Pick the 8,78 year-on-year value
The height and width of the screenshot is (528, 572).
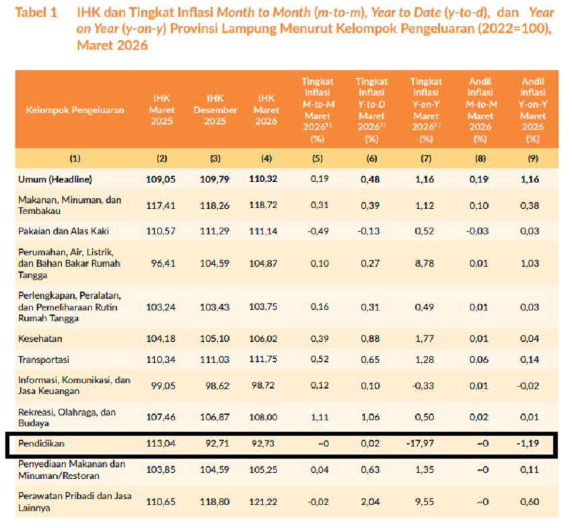point(425,263)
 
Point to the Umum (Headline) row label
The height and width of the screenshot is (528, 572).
point(55,180)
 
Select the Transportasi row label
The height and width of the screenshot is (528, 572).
point(44,360)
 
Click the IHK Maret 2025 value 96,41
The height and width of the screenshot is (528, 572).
point(162,263)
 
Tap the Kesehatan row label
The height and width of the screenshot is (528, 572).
point(40,338)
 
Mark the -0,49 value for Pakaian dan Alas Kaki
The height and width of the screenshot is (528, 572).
point(317,231)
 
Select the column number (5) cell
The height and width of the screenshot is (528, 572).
point(317,159)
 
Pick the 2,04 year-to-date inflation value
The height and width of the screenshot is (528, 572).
point(371,502)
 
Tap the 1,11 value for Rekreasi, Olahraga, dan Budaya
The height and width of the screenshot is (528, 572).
point(317,418)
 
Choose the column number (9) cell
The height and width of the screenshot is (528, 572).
point(532,159)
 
